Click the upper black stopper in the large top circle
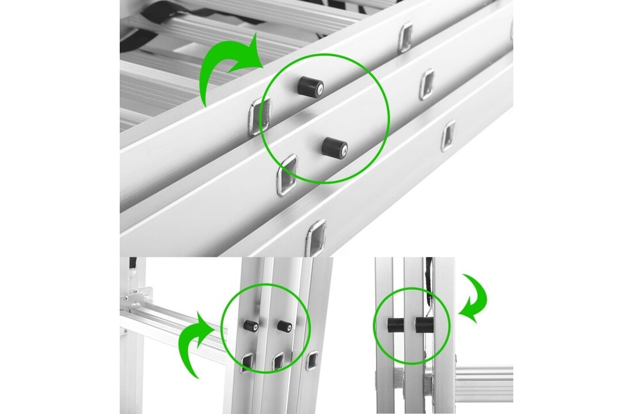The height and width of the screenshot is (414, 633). pos(310,87)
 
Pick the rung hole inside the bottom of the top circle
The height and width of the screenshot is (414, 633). pos(288,174)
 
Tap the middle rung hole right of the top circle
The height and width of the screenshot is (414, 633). pos(426,84)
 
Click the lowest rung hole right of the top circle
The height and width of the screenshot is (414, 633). pos(448,136)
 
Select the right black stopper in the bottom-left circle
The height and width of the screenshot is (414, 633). pos(284,326)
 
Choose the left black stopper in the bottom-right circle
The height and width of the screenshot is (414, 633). pos(395,325)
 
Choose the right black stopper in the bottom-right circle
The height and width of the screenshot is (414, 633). pos(424,325)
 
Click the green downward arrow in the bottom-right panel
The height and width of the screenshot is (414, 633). pos(475,296)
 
